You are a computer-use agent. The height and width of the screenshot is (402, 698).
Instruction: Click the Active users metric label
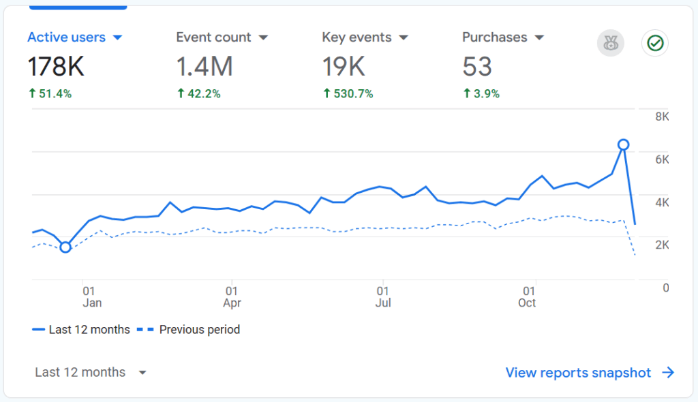tap(67, 37)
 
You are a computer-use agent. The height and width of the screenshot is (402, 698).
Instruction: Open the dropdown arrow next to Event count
tap(263, 37)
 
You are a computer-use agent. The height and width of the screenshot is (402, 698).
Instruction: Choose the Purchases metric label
tap(494, 37)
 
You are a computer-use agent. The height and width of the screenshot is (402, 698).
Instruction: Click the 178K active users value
tap(56, 67)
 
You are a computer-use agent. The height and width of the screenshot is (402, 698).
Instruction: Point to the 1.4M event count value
tap(204, 67)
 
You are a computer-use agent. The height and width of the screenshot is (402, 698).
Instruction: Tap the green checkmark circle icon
tap(654, 44)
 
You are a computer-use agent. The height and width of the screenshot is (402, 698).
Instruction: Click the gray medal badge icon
tap(610, 44)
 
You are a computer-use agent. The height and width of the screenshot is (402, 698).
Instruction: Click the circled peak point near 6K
tap(623, 144)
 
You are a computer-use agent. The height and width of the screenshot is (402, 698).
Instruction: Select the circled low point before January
tap(65, 247)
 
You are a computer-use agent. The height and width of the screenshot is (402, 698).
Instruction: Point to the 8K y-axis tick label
tap(662, 117)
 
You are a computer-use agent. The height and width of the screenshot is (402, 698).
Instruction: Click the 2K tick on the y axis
tap(662, 245)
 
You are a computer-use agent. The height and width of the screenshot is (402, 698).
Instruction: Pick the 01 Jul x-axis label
tap(383, 296)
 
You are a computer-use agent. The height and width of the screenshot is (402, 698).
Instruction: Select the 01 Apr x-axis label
tap(232, 296)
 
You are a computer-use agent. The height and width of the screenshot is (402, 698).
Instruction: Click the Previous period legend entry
tap(189, 330)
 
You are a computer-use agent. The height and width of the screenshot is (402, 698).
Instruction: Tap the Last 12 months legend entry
tap(81, 330)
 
